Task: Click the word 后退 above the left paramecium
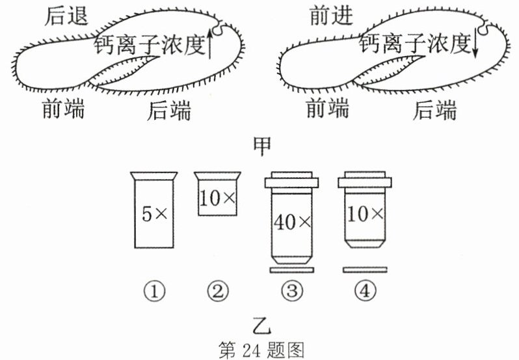pyautogui.click(x=66, y=16)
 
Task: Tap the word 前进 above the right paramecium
pyautogui.click(x=331, y=16)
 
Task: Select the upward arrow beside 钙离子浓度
pyautogui.click(x=209, y=44)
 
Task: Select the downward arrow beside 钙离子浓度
pyautogui.click(x=475, y=44)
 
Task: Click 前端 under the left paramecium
pyautogui.click(x=63, y=108)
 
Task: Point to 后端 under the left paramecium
pyautogui.click(x=169, y=110)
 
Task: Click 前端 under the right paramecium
pyautogui.click(x=327, y=108)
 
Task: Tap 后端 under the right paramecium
pyautogui.click(x=434, y=110)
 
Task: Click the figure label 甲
pyautogui.click(x=262, y=146)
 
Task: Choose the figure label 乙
pyautogui.click(x=262, y=326)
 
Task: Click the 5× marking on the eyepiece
pyautogui.click(x=155, y=214)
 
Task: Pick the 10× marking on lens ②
pyautogui.click(x=217, y=199)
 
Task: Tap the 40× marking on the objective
pyautogui.click(x=292, y=222)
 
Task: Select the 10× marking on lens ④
pyautogui.click(x=365, y=214)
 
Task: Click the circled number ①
pyautogui.click(x=154, y=292)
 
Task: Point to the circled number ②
pyautogui.click(x=217, y=292)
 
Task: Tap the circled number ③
pyautogui.click(x=292, y=292)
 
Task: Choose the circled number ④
pyautogui.click(x=365, y=292)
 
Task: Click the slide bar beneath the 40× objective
pyautogui.click(x=292, y=270)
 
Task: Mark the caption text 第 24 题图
pyautogui.click(x=261, y=350)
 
